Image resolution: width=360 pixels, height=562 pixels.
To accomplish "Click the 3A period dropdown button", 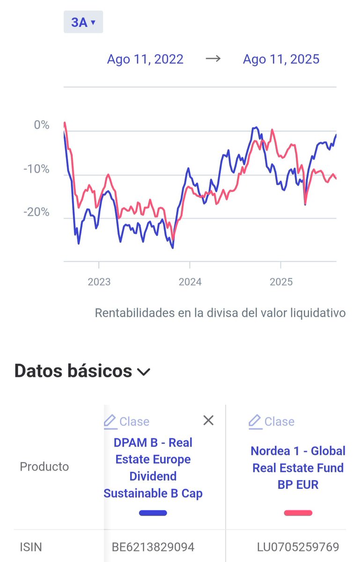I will point(83,22).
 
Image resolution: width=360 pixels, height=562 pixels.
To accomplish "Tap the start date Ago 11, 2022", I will point(145,59).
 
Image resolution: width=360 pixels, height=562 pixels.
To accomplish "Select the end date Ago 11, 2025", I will point(281,59).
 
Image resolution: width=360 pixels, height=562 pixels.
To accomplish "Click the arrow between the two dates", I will point(213,59).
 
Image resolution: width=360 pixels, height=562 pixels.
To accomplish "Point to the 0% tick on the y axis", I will point(41,125).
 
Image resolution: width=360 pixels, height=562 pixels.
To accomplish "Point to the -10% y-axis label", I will point(37,169).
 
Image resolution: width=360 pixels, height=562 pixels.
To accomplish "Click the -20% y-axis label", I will point(37,212).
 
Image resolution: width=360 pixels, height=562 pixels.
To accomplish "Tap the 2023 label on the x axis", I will point(99,281).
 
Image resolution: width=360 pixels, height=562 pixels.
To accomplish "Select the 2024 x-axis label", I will point(190,281).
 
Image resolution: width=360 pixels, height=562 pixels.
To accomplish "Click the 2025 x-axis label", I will point(281,281).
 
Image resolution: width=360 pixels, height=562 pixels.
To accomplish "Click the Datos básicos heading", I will point(73,371).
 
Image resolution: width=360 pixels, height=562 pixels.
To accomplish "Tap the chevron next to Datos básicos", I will point(143,372).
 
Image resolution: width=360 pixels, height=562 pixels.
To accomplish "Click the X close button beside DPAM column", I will point(208,421).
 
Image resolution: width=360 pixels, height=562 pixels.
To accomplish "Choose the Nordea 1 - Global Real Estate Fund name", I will point(298,467).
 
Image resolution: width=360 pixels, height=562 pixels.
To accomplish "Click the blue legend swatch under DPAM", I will point(153,513).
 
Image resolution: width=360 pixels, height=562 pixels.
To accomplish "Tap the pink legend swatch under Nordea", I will point(298,513).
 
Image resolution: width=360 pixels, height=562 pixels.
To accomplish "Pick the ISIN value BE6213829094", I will point(153,547).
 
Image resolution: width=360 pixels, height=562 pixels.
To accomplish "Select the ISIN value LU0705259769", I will point(298,547).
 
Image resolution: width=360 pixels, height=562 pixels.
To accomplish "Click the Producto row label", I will point(44,466).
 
